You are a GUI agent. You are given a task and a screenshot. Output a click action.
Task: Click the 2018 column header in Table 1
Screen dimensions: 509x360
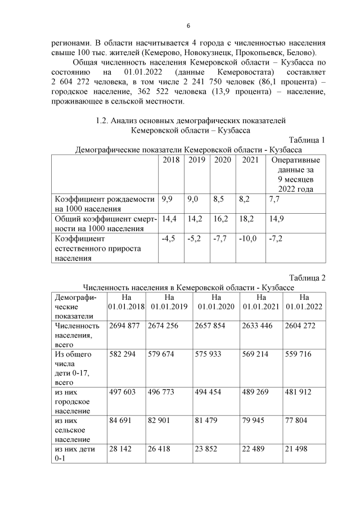coord(171,160)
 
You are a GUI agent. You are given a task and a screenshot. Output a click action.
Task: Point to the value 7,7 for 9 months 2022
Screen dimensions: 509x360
coord(274,199)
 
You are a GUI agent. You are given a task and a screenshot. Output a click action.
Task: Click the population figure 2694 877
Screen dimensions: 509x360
coord(126,326)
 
